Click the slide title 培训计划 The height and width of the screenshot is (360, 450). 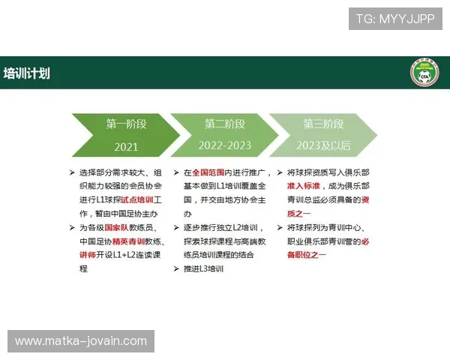27,73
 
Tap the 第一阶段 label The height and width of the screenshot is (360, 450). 126,124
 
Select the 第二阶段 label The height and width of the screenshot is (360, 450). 225,124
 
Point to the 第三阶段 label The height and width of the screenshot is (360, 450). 323,124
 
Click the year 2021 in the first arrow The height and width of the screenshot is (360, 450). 126,146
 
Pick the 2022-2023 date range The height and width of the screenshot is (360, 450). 225,146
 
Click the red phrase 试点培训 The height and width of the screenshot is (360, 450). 141,199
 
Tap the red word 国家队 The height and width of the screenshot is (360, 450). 115,226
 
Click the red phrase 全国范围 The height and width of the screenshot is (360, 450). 207,172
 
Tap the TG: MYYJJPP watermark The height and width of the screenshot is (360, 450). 395,19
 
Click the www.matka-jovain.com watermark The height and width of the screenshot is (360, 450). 81,341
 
